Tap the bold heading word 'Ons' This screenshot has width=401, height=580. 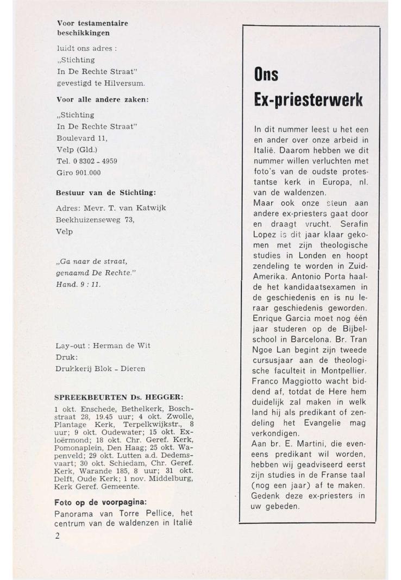(x=266, y=75)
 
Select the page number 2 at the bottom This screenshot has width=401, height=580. (x=58, y=535)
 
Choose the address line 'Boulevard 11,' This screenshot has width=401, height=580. (x=83, y=138)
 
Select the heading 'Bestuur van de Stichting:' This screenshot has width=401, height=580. (x=107, y=193)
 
